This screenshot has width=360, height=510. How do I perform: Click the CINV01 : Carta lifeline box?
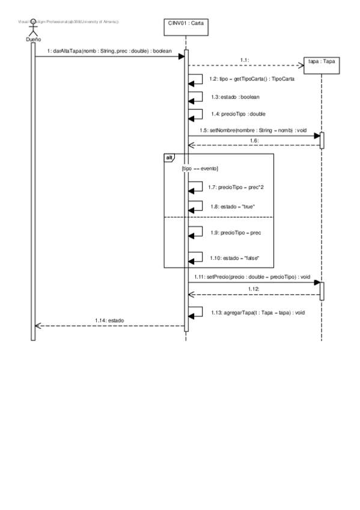[x=186, y=28]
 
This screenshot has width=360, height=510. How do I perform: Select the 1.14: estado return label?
[x=109, y=321]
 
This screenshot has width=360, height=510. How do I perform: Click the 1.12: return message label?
[x=254, y=289]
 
